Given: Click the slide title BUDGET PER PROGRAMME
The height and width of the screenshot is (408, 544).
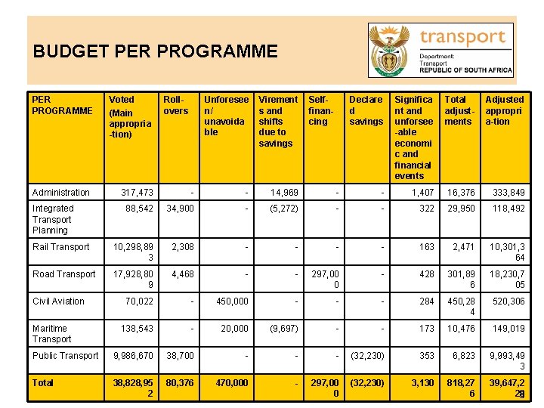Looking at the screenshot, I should (x=156, y=51).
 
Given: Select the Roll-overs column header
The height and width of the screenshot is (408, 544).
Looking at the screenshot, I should (x=176, y=105).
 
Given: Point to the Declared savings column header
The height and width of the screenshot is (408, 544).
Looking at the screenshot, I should (x=366, y=110).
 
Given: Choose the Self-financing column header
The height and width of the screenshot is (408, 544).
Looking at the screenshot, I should (x=319, y=110).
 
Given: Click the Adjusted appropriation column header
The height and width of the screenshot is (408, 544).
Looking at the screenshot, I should (x=504, y=110).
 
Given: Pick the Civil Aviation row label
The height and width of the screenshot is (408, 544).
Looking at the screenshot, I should (x=59, y=301).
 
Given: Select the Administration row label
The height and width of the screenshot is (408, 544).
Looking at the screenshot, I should (x=61, y=193).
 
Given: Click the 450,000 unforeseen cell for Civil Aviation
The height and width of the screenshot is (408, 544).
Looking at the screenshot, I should (x=232, y=301).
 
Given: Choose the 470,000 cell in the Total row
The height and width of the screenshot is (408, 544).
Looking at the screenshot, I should (x=231, y=383).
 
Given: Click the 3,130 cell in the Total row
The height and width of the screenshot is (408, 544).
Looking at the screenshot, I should (x=422, y=383).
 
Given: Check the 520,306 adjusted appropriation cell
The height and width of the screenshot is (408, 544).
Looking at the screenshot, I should (x=508, y=301).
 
